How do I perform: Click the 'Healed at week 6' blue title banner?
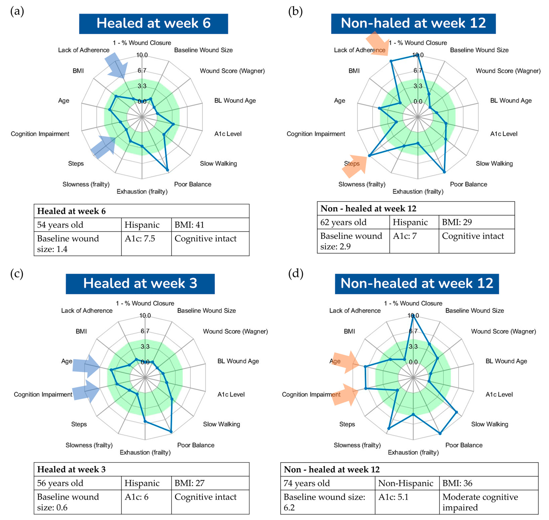coord(153,24)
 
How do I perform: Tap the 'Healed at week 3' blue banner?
coord(140,284)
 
